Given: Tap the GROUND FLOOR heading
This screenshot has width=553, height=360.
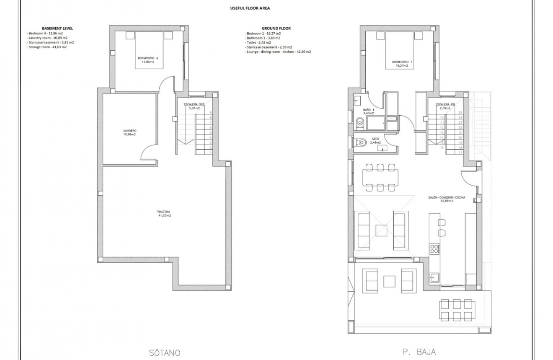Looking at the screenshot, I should pos(279,28).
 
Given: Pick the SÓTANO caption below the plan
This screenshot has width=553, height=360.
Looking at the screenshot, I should pos(165,352).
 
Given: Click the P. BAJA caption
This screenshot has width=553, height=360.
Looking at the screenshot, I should pos(419,352).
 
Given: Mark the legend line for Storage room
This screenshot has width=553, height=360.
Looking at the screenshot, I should pos(47,47).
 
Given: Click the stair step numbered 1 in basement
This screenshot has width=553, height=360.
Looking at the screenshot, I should pos(210,153).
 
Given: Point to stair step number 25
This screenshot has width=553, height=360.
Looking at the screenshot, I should pos(460,113).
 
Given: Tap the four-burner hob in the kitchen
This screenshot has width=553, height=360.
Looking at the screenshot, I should pos(434,249).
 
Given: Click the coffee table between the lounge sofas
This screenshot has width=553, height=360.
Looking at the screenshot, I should pos(381,231).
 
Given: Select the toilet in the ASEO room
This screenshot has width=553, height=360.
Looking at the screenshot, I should pos(360,142).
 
